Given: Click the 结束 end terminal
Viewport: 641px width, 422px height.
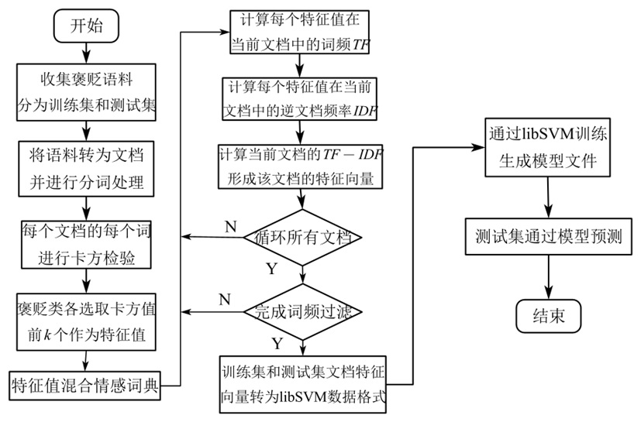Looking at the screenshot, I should [x=549, y=316].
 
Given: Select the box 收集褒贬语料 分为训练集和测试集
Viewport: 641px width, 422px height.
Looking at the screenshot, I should [x=88, y=92].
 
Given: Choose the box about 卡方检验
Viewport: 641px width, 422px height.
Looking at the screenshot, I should [x=88, y=243].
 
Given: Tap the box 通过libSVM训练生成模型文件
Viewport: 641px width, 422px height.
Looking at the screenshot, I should [x=549, y=146].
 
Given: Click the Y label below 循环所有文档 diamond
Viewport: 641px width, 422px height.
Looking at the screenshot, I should [x=273, y=271].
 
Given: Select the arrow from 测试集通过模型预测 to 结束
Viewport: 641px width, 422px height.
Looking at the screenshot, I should [x=549, y=275].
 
